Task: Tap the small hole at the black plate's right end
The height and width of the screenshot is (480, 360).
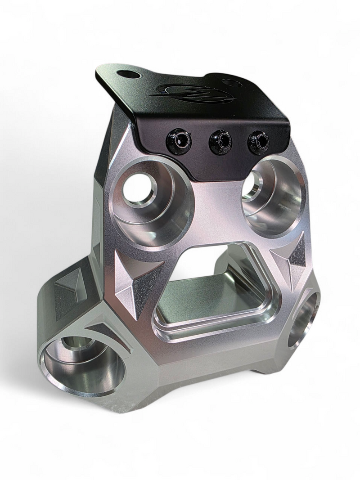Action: [x=231, y=83]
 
